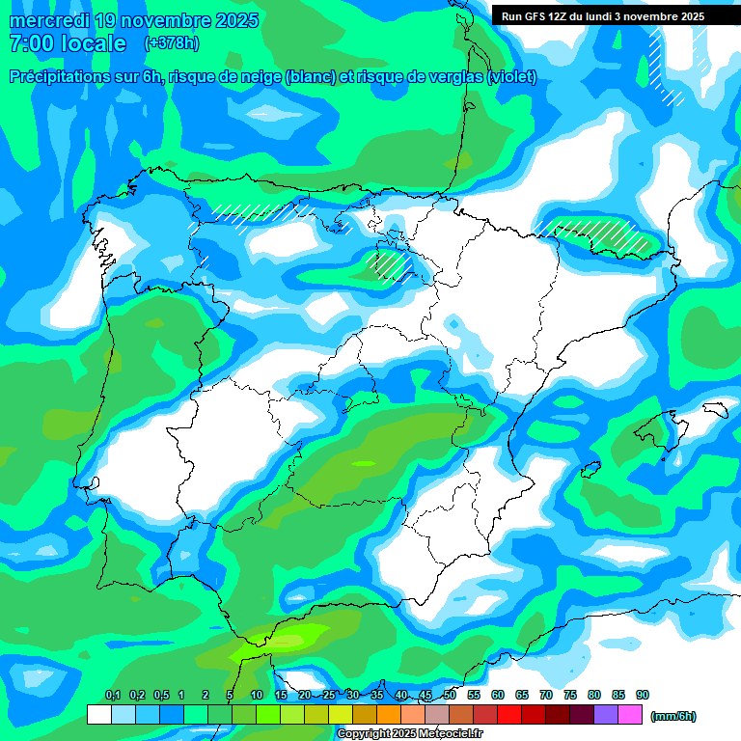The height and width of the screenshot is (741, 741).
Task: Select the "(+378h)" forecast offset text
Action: click(x=171, y=43)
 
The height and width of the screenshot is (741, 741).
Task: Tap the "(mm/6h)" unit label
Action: click(x=672, y=716)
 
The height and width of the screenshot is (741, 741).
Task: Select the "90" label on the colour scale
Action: click(x=643, y=695)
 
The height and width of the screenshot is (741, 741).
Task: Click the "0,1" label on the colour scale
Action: click(x=113, y=695)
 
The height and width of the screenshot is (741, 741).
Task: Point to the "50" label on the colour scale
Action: click(x=450, y=695)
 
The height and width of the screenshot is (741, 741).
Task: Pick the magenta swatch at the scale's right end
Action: click(x=630, y=715)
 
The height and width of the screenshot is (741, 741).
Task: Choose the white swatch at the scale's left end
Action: click(x=98, y=715)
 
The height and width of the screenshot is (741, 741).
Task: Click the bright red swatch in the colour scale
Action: click(x=509, y=715)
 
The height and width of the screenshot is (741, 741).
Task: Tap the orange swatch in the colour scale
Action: click(x=389, y=715)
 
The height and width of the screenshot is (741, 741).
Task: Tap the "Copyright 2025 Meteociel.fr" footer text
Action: click(x=410, y=734)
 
